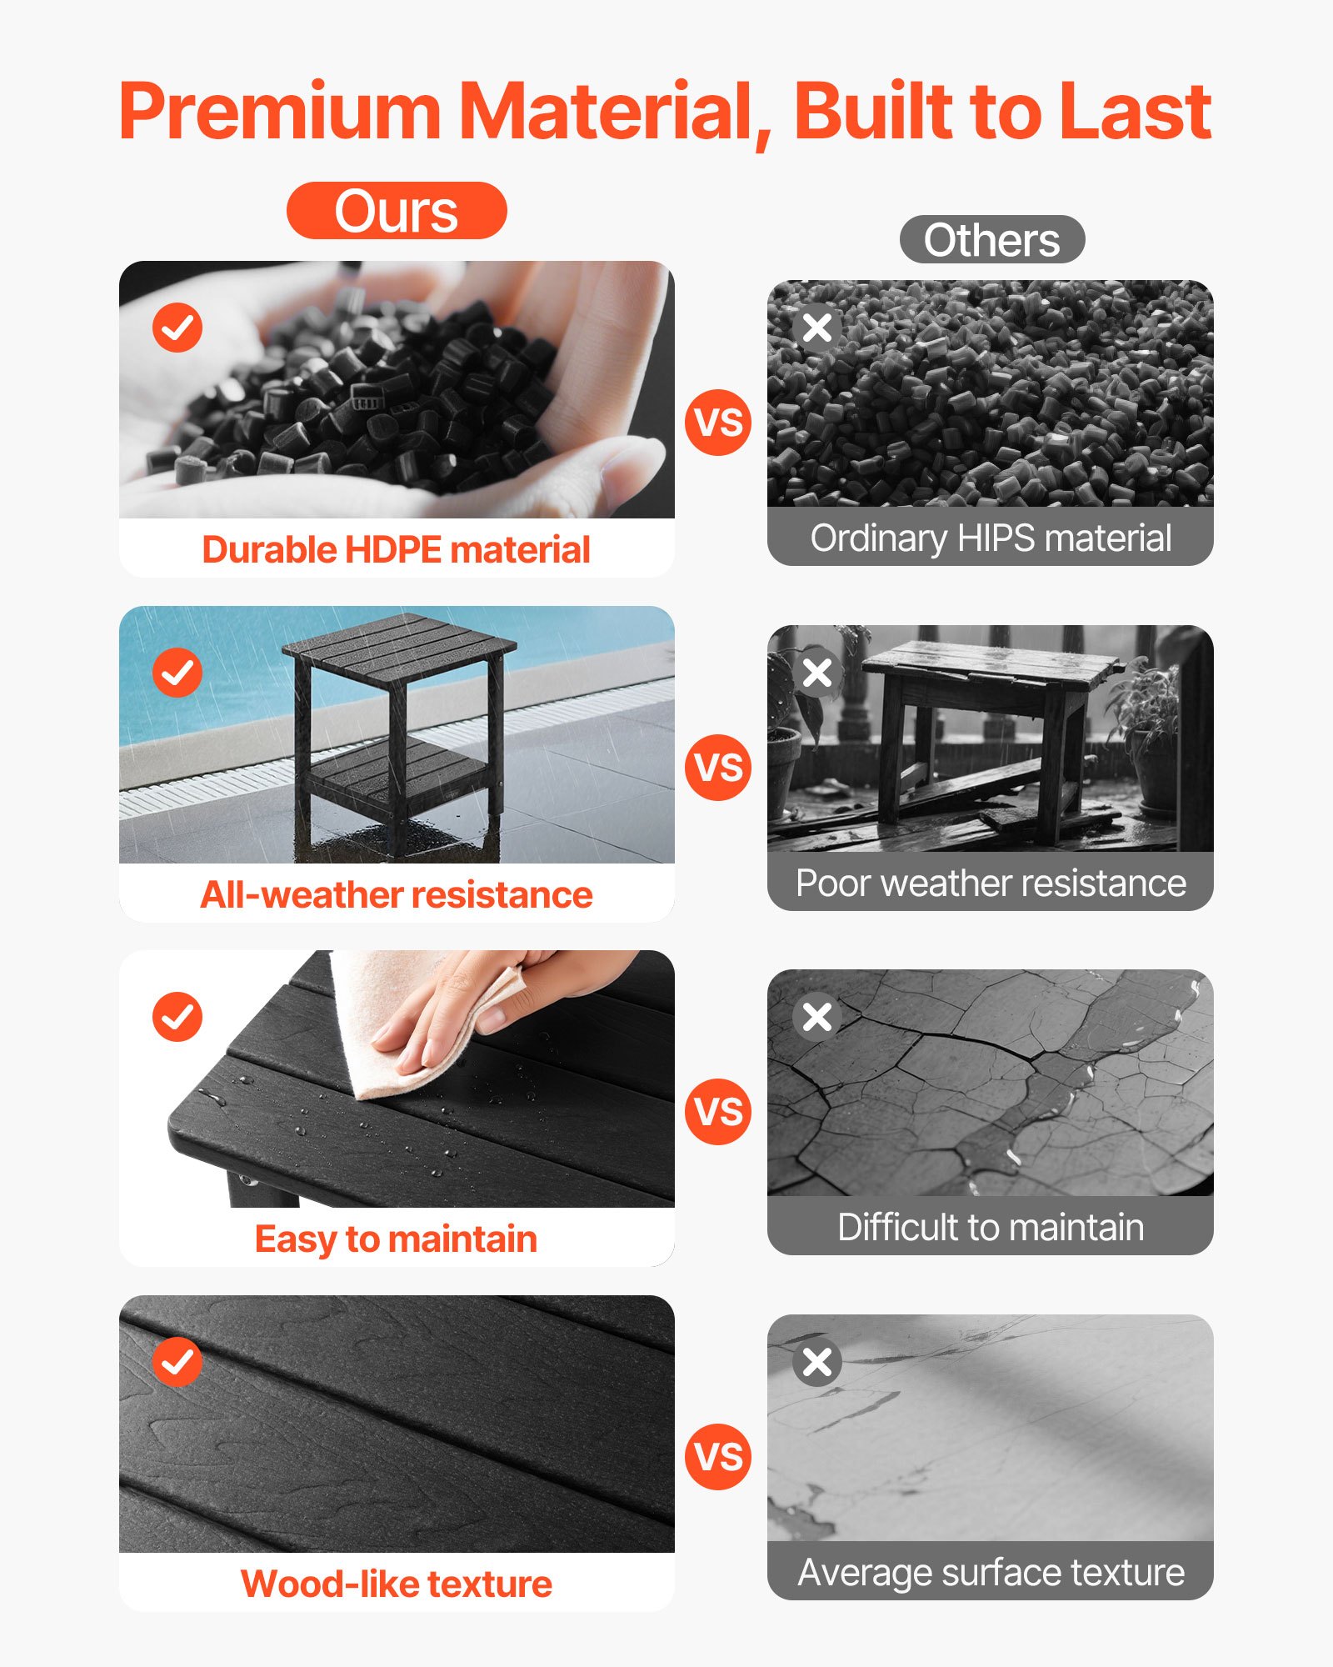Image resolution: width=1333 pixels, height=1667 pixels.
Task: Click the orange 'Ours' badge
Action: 397,211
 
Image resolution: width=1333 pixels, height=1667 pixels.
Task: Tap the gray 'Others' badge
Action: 991,240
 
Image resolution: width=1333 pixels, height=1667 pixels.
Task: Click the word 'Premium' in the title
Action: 280,112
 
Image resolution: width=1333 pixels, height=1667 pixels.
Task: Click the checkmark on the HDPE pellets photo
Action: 177,327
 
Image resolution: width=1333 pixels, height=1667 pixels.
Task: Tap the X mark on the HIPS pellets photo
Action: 817,327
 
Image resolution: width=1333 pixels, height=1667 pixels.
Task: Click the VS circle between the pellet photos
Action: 718,422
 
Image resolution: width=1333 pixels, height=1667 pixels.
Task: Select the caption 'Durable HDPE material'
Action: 397,550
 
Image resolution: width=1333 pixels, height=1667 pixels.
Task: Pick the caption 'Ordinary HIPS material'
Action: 991,538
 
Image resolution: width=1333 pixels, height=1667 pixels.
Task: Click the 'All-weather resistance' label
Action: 397,895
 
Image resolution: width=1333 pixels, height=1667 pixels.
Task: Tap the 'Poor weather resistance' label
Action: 991,884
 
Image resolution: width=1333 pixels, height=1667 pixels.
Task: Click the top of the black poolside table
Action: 400,646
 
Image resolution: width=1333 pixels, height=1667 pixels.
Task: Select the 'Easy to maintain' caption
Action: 397,1239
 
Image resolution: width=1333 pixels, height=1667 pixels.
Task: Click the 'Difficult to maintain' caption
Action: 991,1228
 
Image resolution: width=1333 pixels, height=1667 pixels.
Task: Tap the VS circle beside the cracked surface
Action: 718,1111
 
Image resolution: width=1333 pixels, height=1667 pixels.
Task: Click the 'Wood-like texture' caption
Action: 397,1584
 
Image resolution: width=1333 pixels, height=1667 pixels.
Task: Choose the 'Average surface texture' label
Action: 991,1573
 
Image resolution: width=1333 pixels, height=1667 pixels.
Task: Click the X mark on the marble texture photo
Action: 817,1362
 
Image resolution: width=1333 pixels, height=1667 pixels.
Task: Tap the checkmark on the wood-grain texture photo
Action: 177,1362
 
